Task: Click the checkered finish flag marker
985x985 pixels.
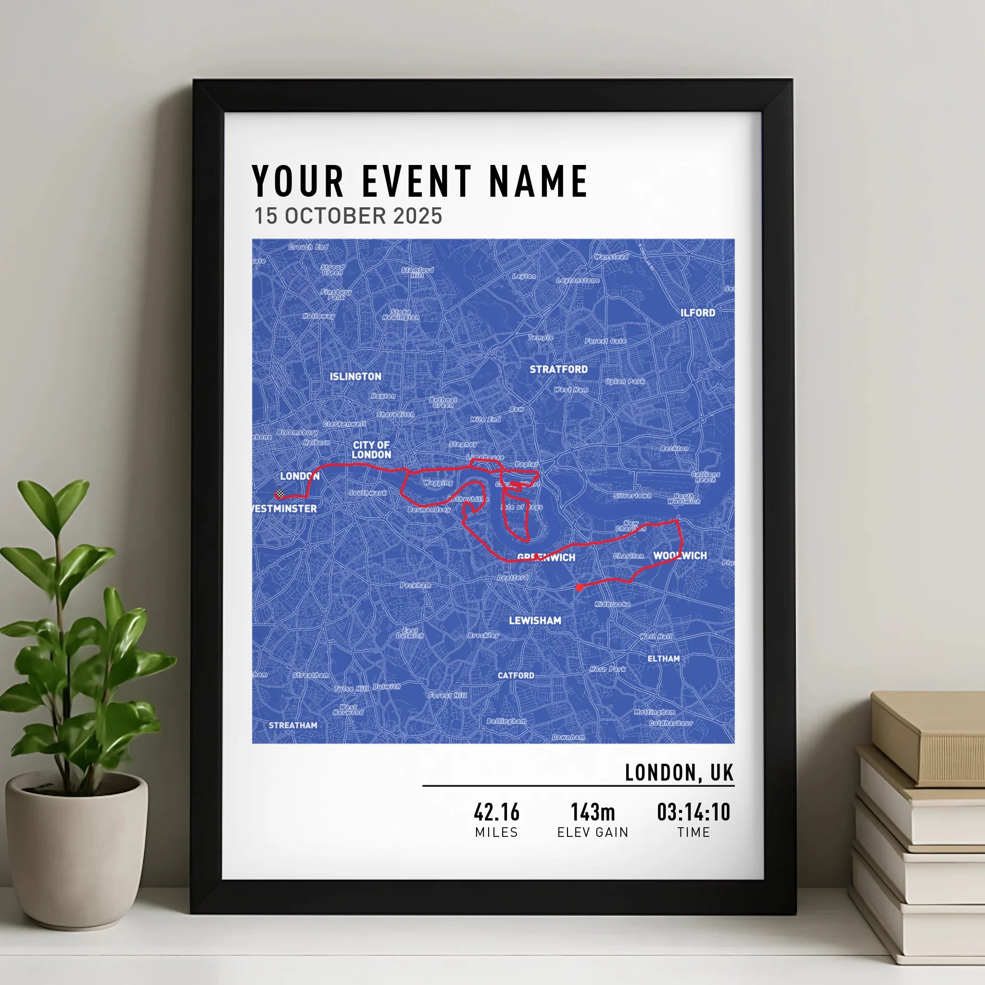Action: [279, 494]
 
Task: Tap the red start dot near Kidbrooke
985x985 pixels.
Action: [579, 587]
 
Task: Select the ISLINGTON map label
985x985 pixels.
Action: [355, 376]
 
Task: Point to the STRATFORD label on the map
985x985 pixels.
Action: [558, 369]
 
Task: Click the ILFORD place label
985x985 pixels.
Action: [697, 313]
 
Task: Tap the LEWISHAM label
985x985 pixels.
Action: [535, 620]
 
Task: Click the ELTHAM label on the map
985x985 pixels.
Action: [663, 658]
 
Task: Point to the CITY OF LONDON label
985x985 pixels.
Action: [371, 450]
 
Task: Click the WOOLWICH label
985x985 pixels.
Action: [680, 555]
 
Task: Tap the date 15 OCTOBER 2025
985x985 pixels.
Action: [348, 216]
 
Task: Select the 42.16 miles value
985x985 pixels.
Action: [496, 812]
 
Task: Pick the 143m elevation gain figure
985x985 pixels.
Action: [593, 812]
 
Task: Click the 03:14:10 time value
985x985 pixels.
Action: [694, 812]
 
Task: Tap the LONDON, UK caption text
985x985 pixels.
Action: [679, 773]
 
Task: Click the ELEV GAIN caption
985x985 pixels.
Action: [593, 833]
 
